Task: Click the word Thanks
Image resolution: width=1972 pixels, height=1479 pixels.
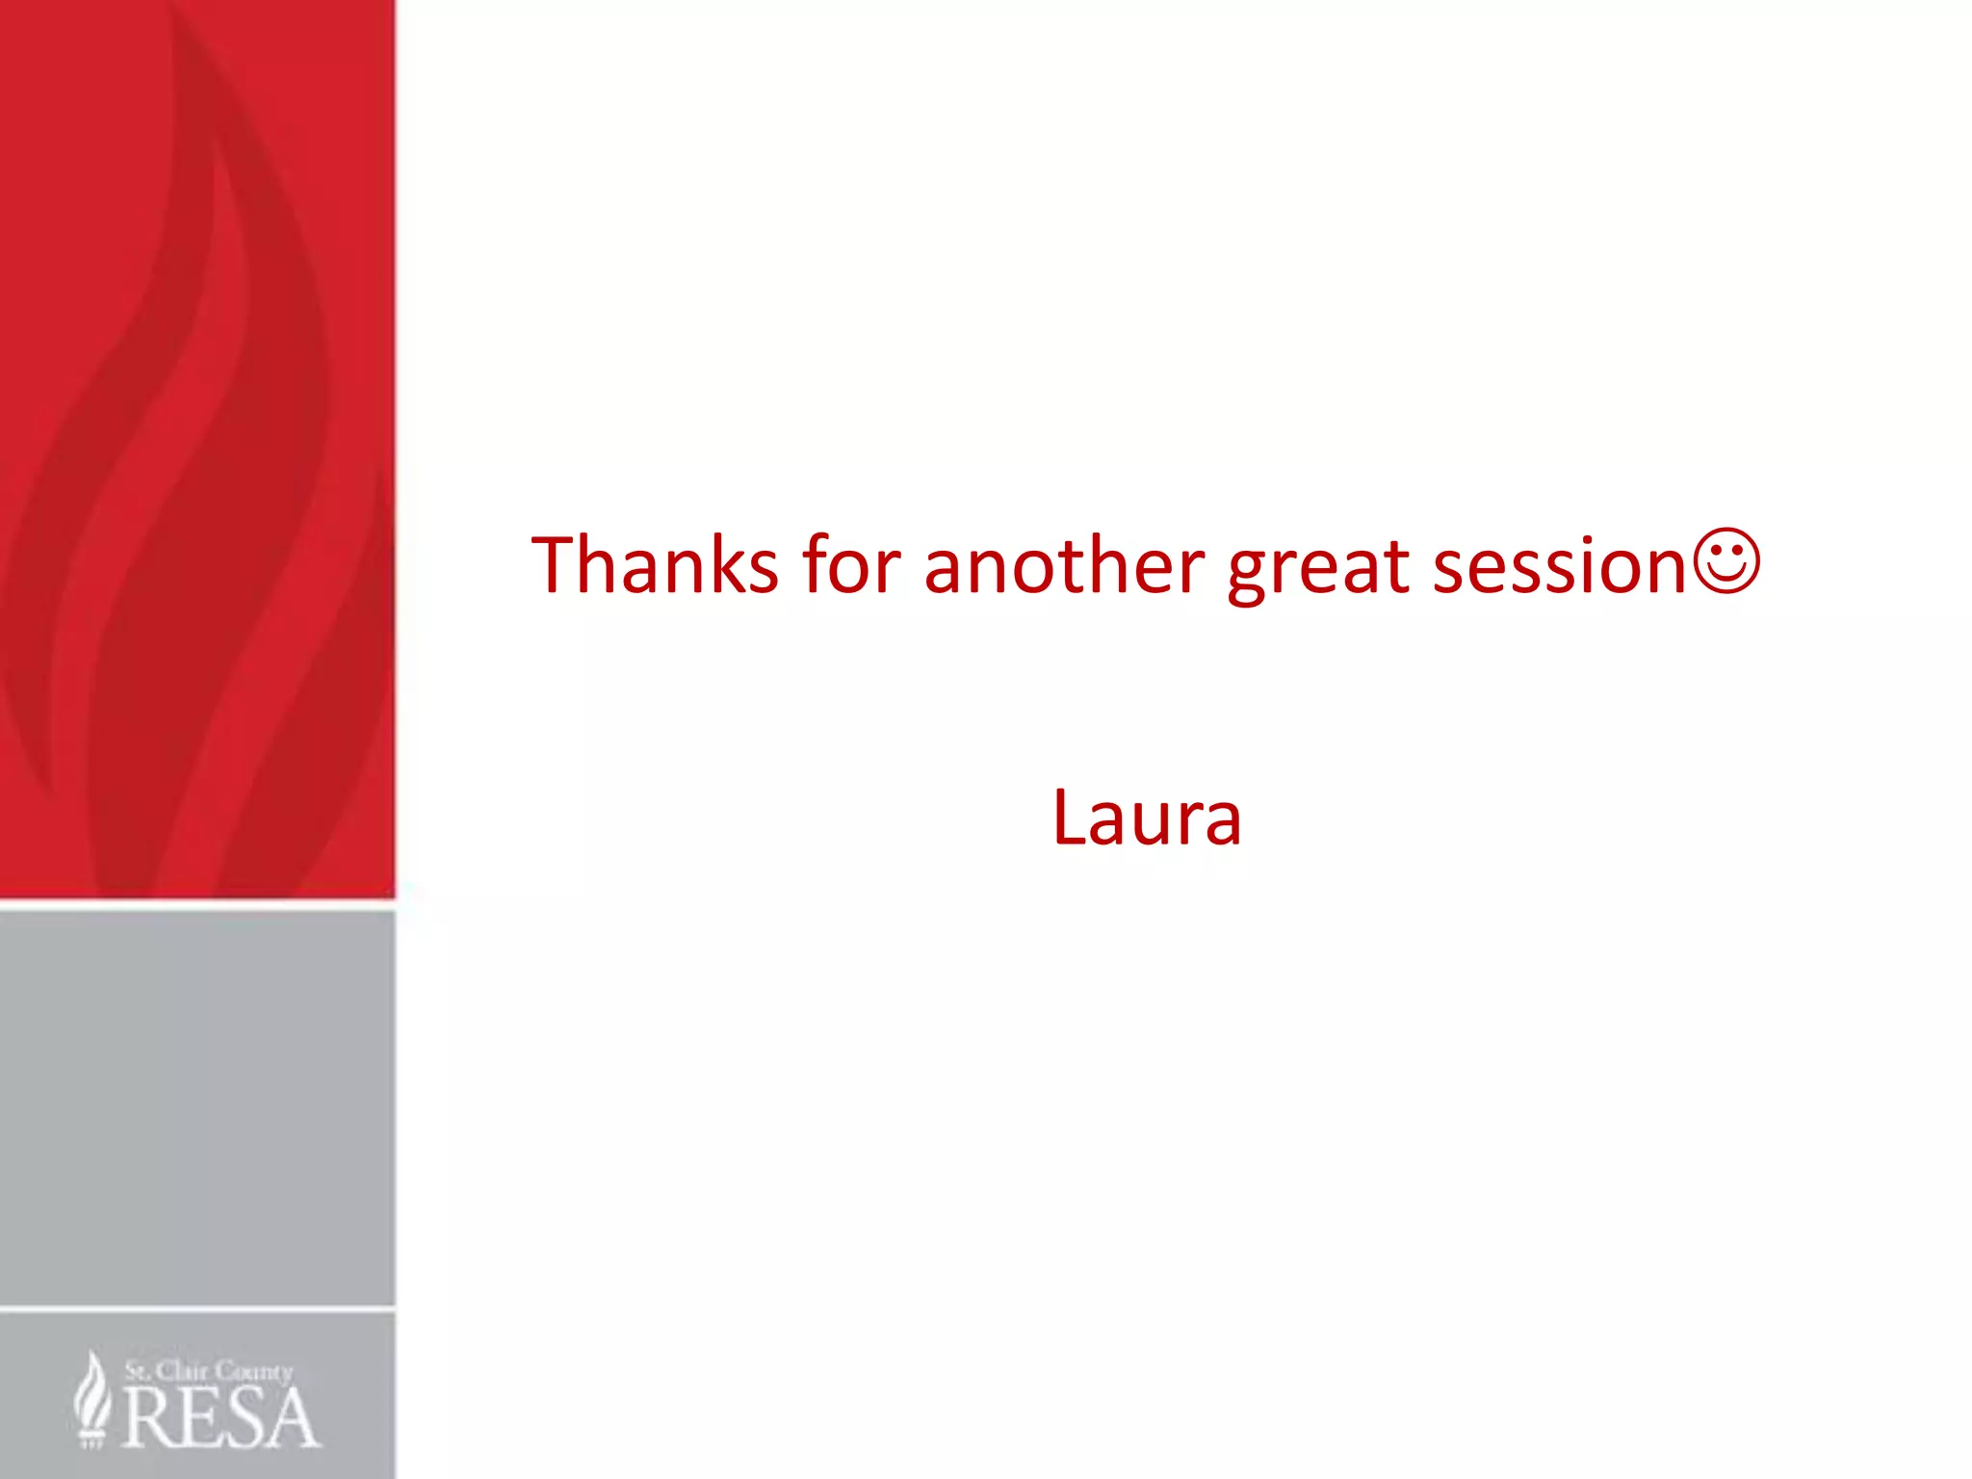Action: click(x=655, y=565)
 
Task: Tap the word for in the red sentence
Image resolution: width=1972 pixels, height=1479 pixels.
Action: click(x=852, y=565)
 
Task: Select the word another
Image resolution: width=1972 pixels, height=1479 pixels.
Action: click(x=1064, y=565)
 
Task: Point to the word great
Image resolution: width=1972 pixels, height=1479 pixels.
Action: click(x=1318, y=568)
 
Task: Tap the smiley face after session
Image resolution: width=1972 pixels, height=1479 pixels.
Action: click(x=1727, y=561)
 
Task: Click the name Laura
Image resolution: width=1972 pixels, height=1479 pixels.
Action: click(x=1147, y=818)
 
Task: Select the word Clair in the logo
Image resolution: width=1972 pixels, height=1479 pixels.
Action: click(x=182, y=1370)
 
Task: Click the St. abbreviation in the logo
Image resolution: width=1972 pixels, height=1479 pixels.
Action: click(x=137, y=1370)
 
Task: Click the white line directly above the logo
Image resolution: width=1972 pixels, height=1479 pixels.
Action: click(x=197, y=1310)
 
